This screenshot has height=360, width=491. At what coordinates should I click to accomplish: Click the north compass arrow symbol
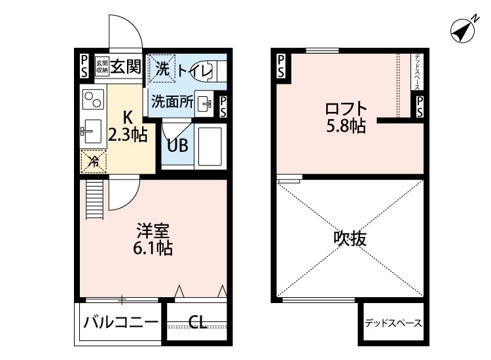click(x=464, y=29)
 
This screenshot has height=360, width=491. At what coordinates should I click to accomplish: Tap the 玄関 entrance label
click(x=126, y=65)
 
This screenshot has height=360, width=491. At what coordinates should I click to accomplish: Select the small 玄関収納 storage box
click(x=101, y=66)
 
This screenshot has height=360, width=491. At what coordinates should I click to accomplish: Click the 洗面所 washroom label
click(x=172, y=101)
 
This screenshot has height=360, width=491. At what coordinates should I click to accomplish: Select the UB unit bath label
click(x=177, y=145)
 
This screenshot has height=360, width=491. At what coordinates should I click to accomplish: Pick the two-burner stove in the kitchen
click(x=92, y=100)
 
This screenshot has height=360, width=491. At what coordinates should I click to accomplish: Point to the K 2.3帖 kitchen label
click(x=127, y=127)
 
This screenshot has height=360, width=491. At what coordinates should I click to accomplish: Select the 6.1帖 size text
click(x=153, y=249)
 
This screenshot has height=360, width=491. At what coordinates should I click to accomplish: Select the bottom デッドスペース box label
click(x=393, y=323)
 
